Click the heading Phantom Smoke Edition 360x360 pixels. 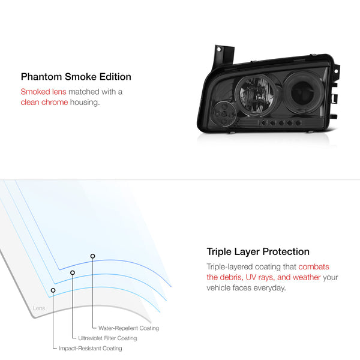tap(76, 77)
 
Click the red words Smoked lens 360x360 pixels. tap(43, 92)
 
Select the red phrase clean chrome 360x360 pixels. tap(44, 102)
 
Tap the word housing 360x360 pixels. tap(85, 103)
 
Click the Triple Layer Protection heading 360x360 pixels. tap(258, 251)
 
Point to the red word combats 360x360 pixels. tap(314, 266)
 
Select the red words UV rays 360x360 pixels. tap(260, 277)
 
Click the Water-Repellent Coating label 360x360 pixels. tap(128, 328)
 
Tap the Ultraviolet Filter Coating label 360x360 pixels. tap(107, 338)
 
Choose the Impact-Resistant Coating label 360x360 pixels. tap(91, 348)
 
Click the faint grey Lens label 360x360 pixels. tap(39, 308)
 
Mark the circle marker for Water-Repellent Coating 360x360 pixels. tap(92, 256)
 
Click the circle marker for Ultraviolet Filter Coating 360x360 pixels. tap(73, 273)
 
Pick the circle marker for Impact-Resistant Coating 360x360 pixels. tap(53, 290)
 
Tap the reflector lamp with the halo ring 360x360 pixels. tap(256, 94)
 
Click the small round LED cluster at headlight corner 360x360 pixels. tap(224, 114)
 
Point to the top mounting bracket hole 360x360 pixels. tap(219, 49)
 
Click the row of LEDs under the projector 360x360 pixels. tap(281, 123)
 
